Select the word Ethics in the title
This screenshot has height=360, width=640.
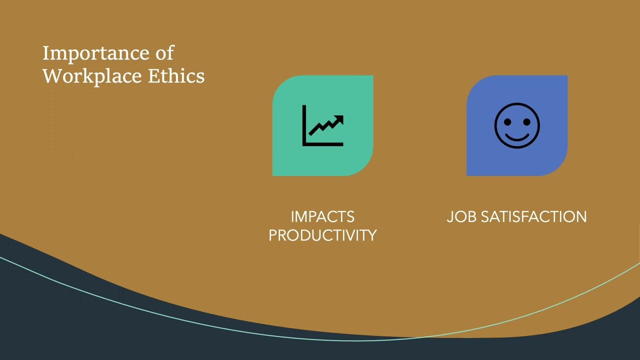176,76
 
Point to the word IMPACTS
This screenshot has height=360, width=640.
322,217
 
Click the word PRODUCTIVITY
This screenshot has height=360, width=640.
322,235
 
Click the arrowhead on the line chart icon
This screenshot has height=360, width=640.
339,119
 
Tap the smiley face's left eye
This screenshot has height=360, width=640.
507,121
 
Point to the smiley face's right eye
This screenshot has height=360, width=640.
526,121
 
